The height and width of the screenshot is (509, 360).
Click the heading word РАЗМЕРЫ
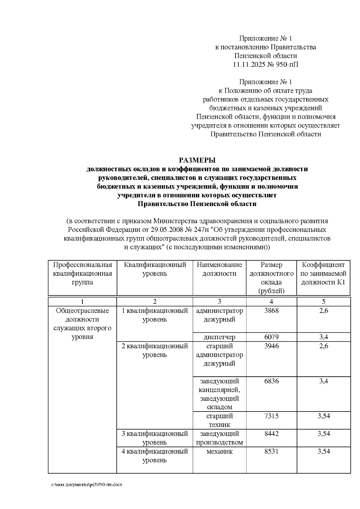[x=197, y=160]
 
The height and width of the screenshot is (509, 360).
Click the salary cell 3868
[x=271, y=310]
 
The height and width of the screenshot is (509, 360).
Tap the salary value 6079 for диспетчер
[x=271, y=337]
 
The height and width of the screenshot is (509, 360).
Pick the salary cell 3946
[x=271, y=346]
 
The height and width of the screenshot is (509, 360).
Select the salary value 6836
[x=271, y=381]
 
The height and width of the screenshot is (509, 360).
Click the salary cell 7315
[x=271, y=416]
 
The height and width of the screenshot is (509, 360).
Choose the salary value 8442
[x=271, y=433]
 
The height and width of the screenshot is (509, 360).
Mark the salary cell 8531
[x=271, y=451]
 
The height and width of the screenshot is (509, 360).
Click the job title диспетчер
[x=219, y=337]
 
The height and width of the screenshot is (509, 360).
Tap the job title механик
[x=219, y=451]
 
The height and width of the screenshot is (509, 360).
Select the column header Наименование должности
[x=219, y=269]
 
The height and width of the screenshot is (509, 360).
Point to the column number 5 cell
[x=323, y=302]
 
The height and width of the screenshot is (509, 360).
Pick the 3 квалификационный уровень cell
[x=154, y=438]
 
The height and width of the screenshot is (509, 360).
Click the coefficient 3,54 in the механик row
[x=323, y=451]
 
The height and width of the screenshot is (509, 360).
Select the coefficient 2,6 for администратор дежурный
[x=323, y=310]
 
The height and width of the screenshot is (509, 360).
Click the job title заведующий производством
[x=219, y=438]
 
